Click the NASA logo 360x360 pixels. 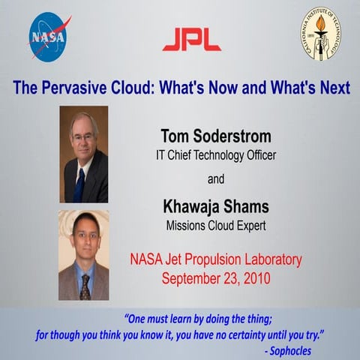49,35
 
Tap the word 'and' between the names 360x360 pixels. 215,180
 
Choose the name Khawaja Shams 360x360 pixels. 215,206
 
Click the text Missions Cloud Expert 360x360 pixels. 215,224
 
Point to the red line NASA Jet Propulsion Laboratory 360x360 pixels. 216,260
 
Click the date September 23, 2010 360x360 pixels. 216,277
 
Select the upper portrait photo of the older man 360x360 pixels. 83,154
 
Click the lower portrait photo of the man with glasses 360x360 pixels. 83,255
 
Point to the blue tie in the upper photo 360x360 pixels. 79,184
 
